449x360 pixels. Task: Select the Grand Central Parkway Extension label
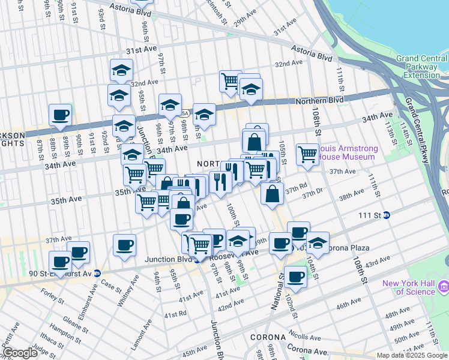[x=418, y=67]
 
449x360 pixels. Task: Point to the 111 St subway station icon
[x=387, y=215]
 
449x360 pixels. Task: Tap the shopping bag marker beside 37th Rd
[x=273, y=194]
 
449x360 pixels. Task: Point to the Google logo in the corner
[x=20, y=353]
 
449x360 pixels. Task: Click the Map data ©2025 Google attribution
[x=412, y=355]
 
